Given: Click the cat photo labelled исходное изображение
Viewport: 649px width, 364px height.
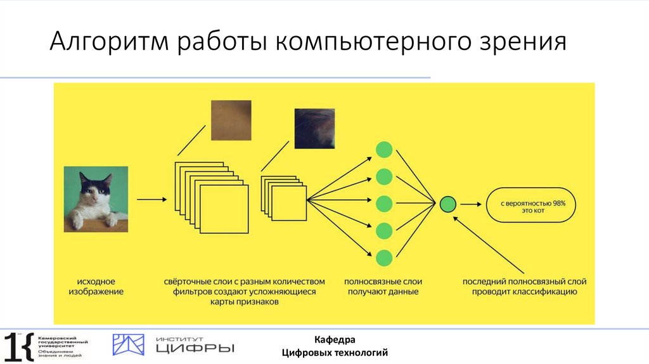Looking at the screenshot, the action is tap(96, 199).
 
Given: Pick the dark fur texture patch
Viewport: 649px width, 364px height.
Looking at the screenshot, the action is tap(314, 129).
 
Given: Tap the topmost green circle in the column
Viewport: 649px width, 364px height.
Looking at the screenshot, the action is tap(384, 150).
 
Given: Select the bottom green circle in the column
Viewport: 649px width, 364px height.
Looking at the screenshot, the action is tap(384, 258).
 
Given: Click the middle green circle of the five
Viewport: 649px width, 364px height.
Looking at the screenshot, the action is tap(384, 204).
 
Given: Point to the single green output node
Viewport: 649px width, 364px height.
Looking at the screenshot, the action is tap(448, 204).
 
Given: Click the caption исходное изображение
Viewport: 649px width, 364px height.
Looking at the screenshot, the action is tap(96, 287).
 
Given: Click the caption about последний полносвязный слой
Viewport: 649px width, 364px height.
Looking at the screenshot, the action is tap(524, 287).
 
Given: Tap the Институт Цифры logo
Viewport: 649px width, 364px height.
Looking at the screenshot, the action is tap(173, 345).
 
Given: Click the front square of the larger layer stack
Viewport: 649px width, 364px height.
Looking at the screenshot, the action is tap(224, 209).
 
